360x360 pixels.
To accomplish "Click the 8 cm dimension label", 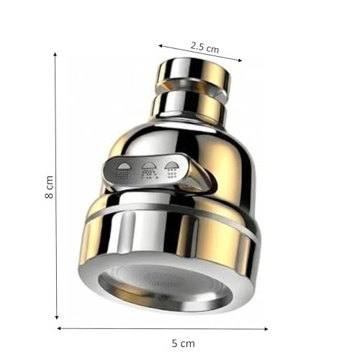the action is [x=49, y=187].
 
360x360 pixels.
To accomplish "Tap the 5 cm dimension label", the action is [x=183, y=343].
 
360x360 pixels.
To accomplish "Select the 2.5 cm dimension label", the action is [x=205, y=48].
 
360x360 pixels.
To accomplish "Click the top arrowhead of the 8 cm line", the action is [x=55, y=54].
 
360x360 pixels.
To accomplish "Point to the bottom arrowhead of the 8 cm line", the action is [x=57, y=318].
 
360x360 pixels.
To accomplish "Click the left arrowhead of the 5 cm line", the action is [x=59, y=328].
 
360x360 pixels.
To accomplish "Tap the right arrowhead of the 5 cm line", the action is [x=266, y=329].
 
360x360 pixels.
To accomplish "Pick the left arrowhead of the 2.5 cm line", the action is [x=161, y=45].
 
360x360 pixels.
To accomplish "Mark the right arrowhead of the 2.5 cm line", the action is [x=240, y=60].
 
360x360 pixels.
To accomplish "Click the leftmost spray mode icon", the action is [x=123, y=171].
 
